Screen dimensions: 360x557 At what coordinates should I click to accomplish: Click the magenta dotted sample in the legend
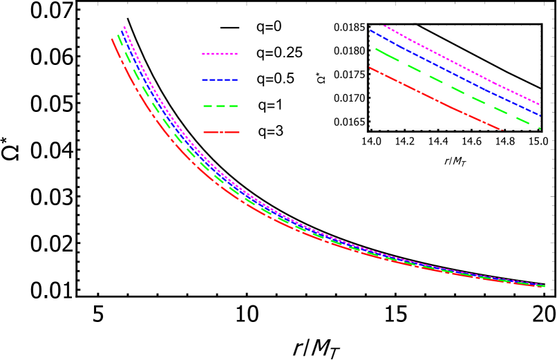pos(220,53)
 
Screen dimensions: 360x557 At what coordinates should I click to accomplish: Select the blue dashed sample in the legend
pos(220,79)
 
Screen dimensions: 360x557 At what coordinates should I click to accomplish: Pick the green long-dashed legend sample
pos(220,106)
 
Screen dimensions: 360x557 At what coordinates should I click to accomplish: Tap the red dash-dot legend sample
pos(220,132)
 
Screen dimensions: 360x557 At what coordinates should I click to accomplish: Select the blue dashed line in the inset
pos(456,73)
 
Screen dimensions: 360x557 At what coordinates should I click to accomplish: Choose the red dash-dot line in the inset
pos(435,100)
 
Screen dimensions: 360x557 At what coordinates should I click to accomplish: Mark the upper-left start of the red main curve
pos(112,39)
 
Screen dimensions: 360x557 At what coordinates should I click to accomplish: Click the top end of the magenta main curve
pos(124,27)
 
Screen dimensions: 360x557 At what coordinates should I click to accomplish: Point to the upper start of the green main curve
pos(117,34)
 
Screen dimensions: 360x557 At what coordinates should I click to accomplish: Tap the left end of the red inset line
pos(370,67)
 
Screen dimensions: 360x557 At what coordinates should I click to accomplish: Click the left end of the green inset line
pos(375,48)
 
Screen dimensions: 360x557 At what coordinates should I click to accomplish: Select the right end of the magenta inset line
pos(539,104)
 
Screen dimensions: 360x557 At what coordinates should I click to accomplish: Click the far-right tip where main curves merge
pos(544,285)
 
